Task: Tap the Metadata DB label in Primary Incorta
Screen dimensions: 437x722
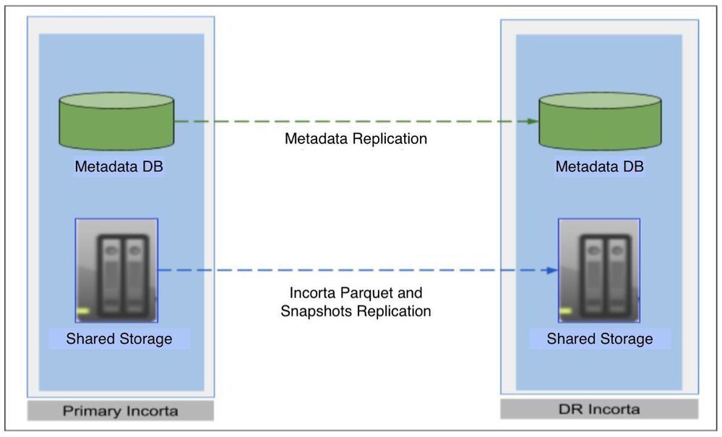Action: (119, 167)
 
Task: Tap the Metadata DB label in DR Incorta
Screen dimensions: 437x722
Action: (599, 167)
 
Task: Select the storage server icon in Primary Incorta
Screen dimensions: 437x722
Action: (117, 270)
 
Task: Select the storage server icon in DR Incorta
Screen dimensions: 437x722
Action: (599, 270)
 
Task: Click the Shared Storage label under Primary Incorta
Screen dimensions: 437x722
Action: (119, 339)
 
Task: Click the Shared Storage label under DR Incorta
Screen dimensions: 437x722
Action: (599, 339)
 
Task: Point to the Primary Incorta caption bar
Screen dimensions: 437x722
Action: (120, 411)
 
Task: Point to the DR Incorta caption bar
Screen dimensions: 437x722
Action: (599, 410)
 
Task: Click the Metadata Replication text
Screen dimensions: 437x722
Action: (356, 139)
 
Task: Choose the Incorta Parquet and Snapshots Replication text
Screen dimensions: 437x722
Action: (356, 302)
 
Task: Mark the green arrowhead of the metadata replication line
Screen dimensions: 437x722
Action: (533, 121)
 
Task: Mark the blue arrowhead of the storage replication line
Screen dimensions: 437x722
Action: (553, 271)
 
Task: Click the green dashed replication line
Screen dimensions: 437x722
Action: (354, 121)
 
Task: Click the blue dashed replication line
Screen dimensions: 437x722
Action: (354, 271)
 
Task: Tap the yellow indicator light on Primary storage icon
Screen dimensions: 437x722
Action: (84, 312)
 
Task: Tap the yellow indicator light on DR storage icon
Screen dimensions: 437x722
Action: (566, 312)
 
